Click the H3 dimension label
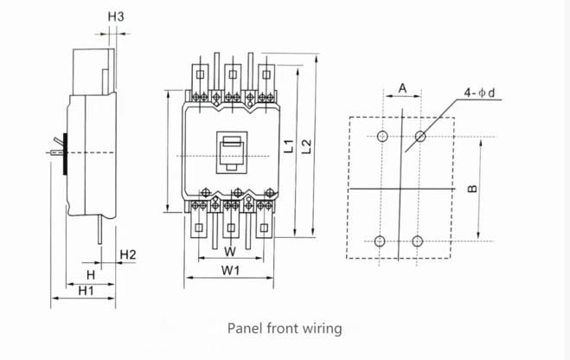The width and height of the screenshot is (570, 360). point(115,16)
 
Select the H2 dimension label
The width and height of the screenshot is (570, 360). point(127,254)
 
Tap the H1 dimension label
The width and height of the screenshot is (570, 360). point(86,291)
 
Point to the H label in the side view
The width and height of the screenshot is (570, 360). point(89,273)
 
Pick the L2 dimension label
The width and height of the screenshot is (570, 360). point(305,146)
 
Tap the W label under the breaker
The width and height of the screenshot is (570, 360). point(229,252)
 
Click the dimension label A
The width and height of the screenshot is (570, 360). point(402,87)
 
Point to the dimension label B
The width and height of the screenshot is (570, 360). point(470,188)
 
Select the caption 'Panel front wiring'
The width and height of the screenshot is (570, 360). point(285,329)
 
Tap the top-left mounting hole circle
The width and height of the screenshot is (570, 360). point(381,136)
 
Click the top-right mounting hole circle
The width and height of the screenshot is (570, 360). point(420,136)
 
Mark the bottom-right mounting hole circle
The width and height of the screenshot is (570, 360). point(418,241)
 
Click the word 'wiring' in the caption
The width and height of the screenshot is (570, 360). point(322,329)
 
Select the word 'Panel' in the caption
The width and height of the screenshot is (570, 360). point(245,329)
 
